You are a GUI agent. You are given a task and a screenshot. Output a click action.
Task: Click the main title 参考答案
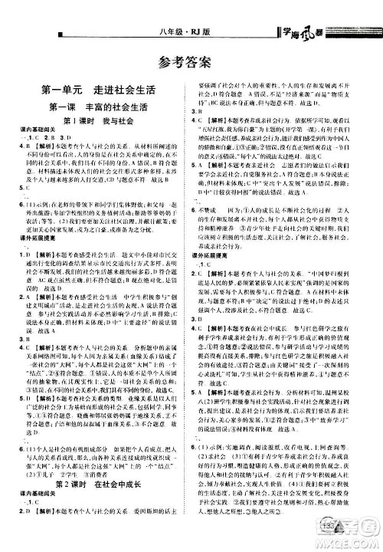[191, 64]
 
